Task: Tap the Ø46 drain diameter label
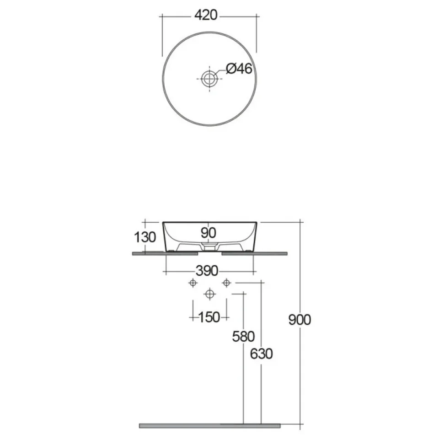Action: click(239, 68)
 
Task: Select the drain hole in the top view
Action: click(209, 79)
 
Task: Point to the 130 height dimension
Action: click(145, 237)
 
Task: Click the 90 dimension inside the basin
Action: click(209, 233)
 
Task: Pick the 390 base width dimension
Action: click(207, 271)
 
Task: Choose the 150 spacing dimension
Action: click(209, 317)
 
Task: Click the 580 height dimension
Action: click(243, 336)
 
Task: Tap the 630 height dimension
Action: click(261, 353)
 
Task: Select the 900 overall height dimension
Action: click(300, 320)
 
